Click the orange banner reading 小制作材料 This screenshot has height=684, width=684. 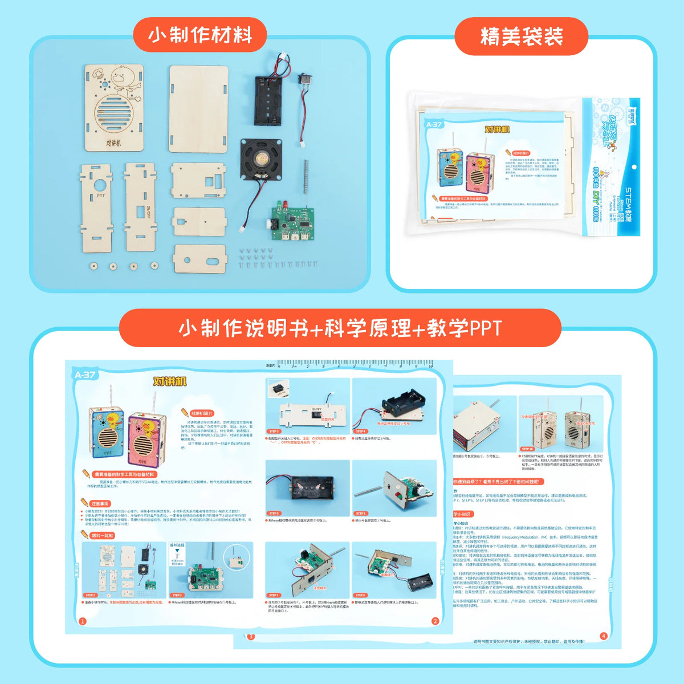[x=200, y=35]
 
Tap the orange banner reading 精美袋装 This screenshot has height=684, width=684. [x=521, y=36]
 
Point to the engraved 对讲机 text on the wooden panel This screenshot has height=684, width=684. [x=113, y=142]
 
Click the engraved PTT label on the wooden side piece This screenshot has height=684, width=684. [x=100, y=196]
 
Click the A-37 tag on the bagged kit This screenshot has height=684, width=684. [x=433, y=124]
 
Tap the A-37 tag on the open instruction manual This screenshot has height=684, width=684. [x=85, y=374]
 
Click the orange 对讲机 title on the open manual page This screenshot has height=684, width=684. [x=170, y=381]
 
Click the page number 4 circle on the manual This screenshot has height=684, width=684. [x=604, y=636]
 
